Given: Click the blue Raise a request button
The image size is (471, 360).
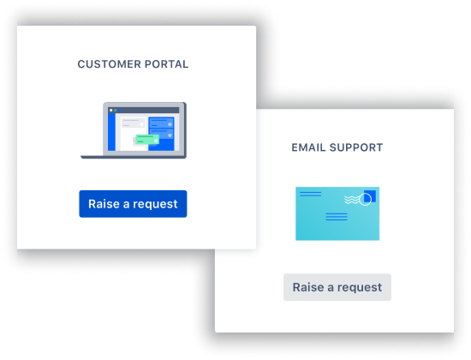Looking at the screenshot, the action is (x=133, y=204).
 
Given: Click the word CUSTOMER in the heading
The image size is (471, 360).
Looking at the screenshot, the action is (x=109, y=64).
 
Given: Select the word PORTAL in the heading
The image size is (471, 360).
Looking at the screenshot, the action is (x=166, y=64).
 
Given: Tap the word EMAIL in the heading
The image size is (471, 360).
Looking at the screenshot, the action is (x=308, y=147).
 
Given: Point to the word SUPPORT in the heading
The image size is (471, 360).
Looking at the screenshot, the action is (x=356, y=147).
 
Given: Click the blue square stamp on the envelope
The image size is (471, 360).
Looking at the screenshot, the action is (x=370, y=196).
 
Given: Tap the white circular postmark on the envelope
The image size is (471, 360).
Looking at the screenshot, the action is (x=366, y=199).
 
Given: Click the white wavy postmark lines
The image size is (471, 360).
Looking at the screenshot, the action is (x=352, y=200).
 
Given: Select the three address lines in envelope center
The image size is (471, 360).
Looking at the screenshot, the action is (x=337, y=217).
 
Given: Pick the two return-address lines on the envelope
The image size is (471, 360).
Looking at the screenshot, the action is (x=310, y=194).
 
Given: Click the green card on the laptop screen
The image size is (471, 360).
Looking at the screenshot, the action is (x=147, y=140).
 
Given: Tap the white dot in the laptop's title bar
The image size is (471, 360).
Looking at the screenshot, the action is (x=111, y=111).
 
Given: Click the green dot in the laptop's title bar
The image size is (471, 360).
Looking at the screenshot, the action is (x=116, y=111).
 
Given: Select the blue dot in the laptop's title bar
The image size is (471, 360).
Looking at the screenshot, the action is (x=120, y=111).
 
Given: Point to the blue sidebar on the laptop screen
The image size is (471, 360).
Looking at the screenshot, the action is (x=111, y=132).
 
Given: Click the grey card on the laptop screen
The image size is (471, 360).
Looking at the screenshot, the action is (x=133, y=123).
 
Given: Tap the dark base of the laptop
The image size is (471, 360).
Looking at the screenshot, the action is (x=134, y=157).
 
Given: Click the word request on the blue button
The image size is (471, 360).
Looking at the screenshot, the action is (x=155, y=204).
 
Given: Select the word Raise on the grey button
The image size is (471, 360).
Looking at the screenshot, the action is (x=308, y=287).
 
